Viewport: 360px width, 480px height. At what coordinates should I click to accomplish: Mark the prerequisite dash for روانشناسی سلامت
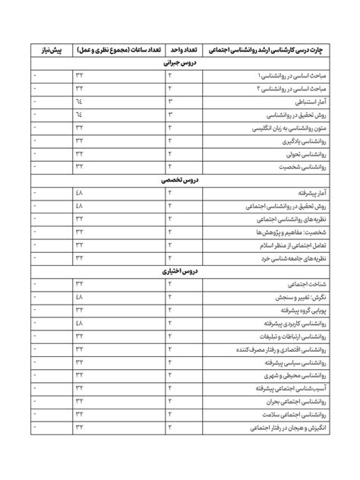coord(36,414)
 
